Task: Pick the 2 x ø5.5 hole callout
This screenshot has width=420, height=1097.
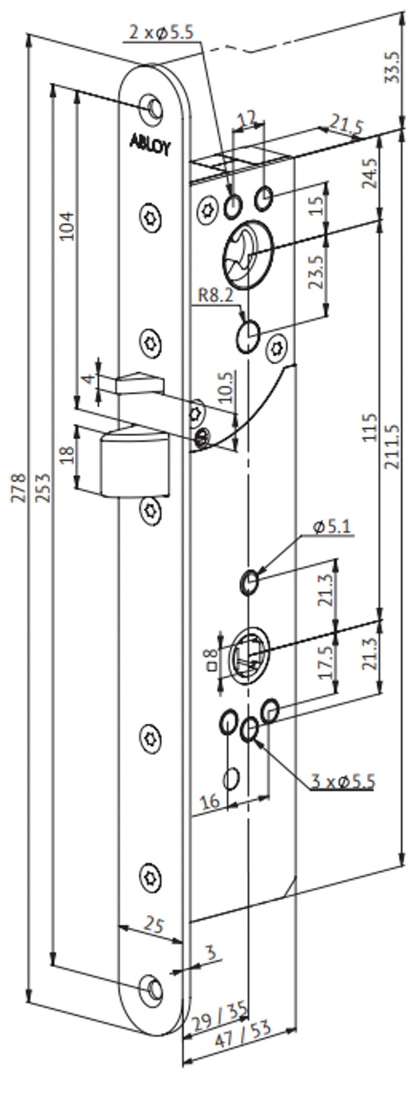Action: pyautogui.click(x=160, y=33)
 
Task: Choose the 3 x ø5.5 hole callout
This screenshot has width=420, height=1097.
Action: pyautogui.click(x=342, y=780)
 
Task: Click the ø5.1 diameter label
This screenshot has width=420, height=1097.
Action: pyautogui.click(x=332, y=527)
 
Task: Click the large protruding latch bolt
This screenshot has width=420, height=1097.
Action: pyautogui.click(x=133, y=461)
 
